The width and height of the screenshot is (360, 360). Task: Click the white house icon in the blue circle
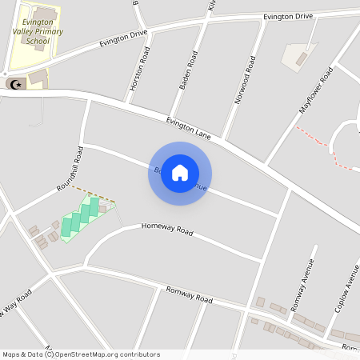pos(180,173)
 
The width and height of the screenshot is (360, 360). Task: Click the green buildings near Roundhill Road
pos(79,217)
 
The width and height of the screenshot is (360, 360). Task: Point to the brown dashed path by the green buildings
pos(94,194)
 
